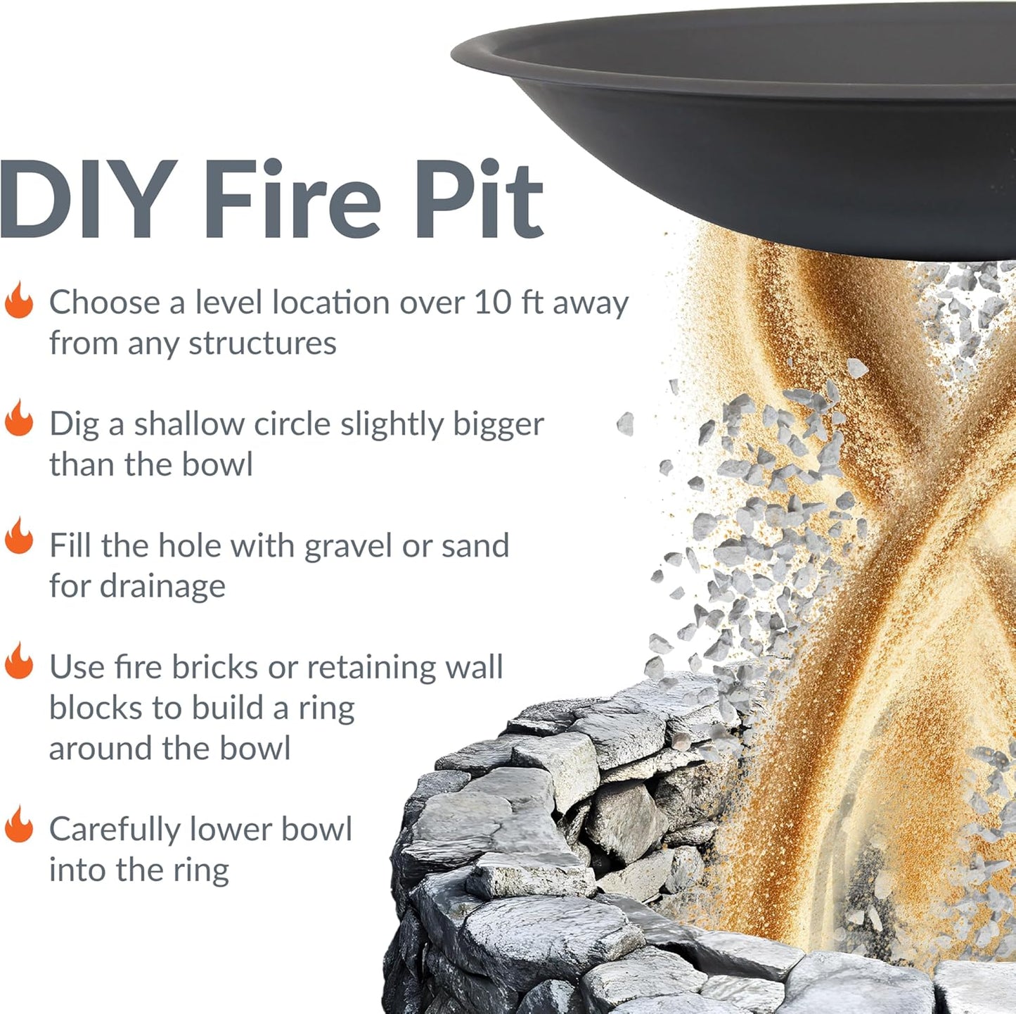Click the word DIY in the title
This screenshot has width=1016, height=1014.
tap(88, 200)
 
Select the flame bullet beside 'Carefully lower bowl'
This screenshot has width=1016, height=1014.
tap(19, 825)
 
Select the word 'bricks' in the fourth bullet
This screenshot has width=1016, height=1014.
tap(214, 667)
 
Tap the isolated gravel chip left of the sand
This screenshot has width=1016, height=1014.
tap(625, 424)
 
